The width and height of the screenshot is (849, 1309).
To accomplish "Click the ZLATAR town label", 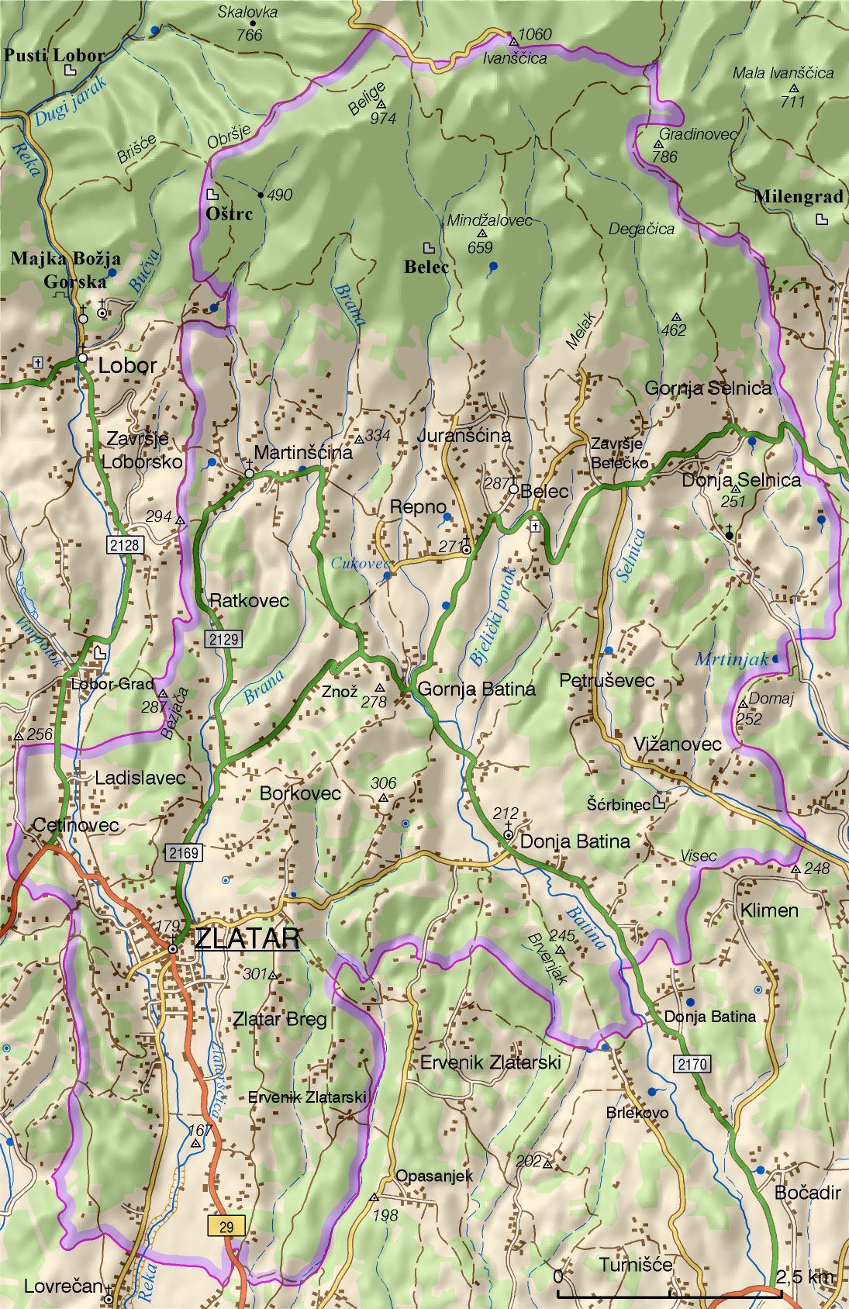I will click(x=247, y=938).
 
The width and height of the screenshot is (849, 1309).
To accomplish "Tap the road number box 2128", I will click(x=125, y=545).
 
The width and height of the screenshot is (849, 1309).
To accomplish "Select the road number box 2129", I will click(x=223, y=640).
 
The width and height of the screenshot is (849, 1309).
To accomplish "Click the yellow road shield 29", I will click(x=226, y=1226).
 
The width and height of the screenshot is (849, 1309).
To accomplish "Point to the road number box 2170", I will click(x=692, y=1064).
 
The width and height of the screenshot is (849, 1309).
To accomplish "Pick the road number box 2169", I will click(x=183, y=853).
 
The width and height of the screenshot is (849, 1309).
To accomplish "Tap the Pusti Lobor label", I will click(x=53, y=55).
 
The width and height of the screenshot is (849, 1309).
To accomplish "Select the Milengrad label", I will click(x=798, y=197).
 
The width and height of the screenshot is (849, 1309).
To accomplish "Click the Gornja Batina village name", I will click(x=476, y=689).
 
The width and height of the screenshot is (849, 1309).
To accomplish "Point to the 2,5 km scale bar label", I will click(x=805, y=1276).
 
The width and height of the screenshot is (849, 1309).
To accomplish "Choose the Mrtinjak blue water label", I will click(x=730, y=660).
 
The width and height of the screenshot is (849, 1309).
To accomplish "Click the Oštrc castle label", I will click(x=229, y=214).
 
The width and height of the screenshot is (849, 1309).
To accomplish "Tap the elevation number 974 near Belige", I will click(x=383, y=119).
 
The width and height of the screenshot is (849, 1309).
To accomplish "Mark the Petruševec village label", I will click(x=607, y=681).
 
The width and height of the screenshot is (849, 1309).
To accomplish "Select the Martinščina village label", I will click(x=303, y=452).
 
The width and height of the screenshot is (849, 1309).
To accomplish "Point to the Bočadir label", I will click(x=807, y=1193).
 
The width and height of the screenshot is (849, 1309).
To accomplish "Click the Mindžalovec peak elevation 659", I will click(x=480, y=247).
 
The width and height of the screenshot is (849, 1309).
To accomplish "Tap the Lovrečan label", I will click(x=63, y=1287).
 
